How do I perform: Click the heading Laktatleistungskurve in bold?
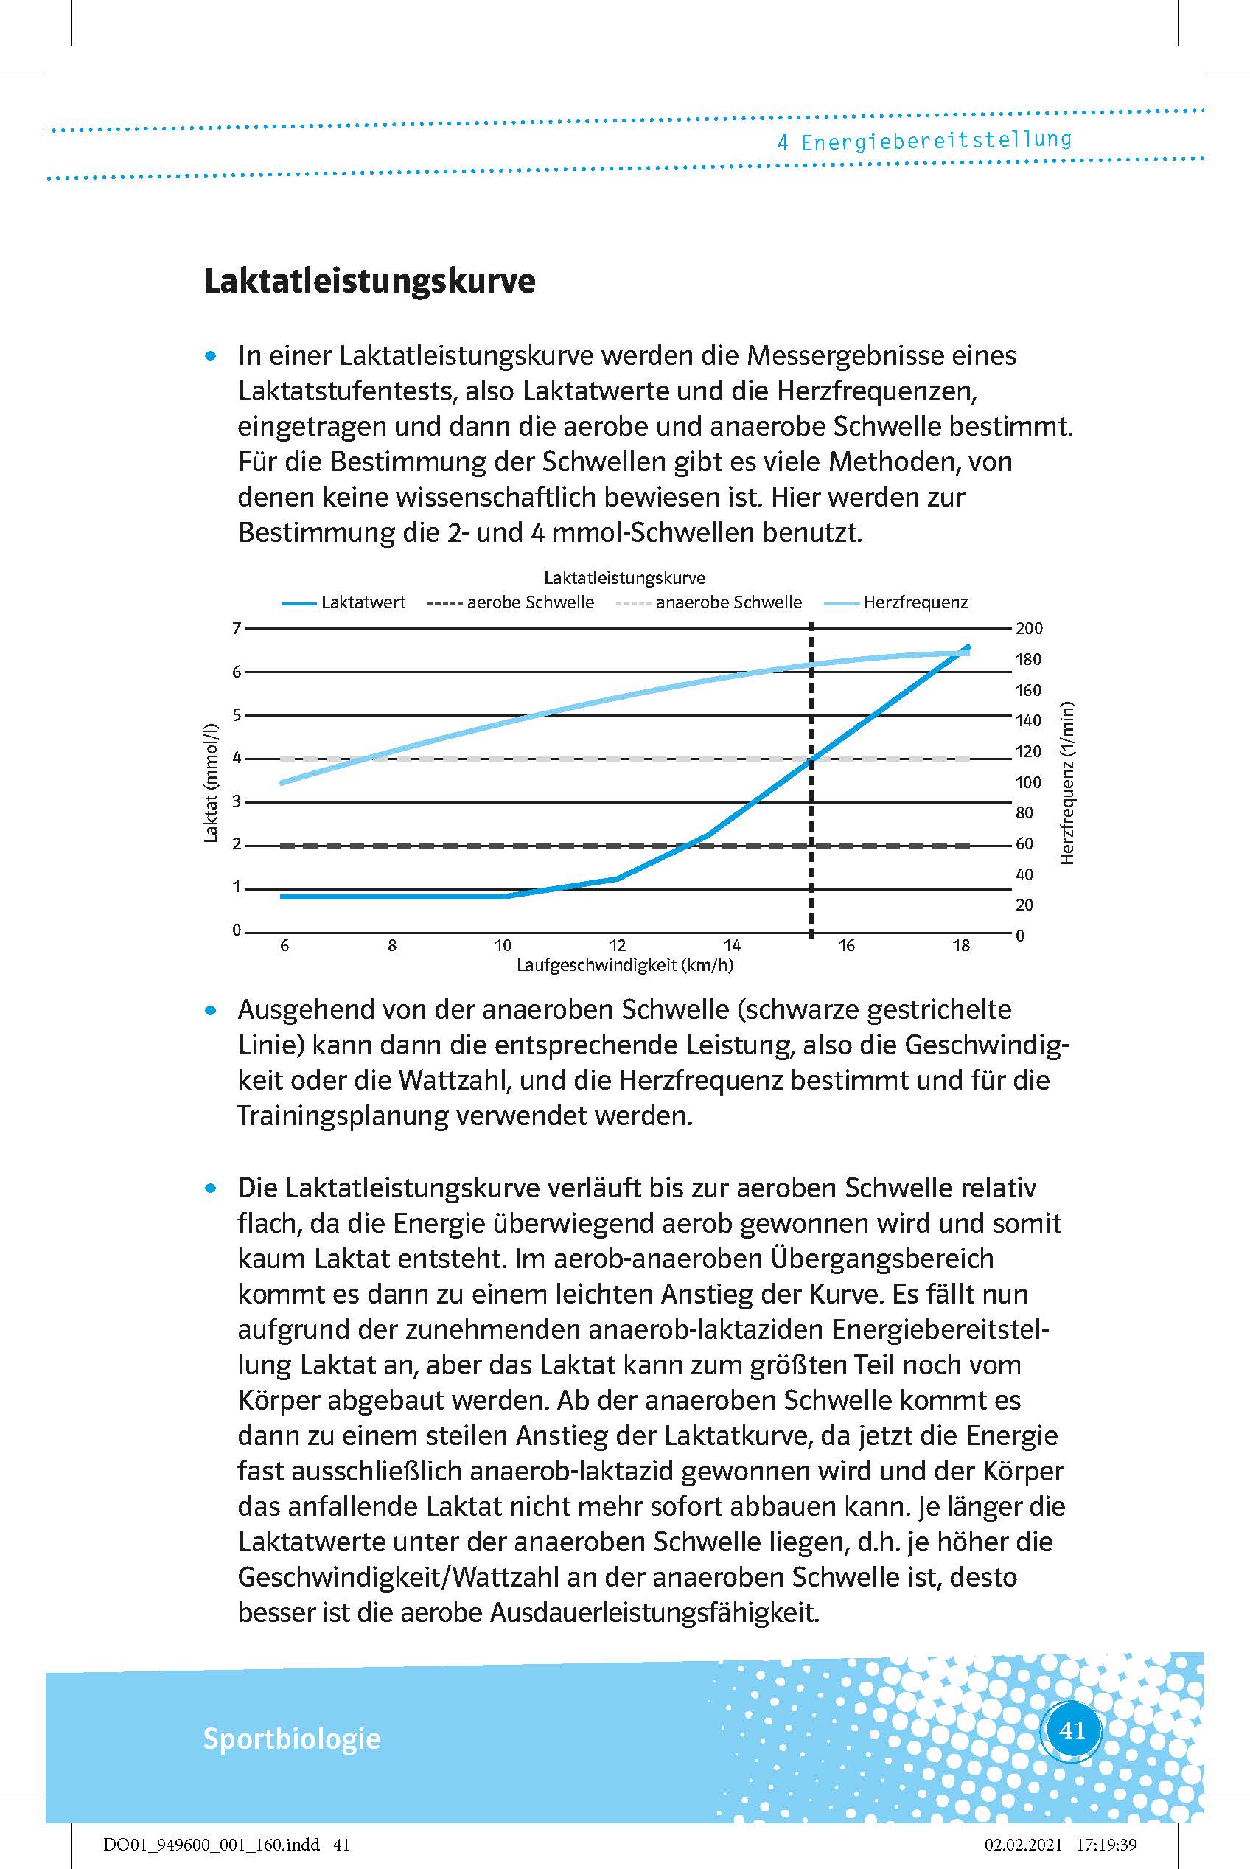point(369,282)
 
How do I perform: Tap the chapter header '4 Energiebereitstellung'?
point(924,141)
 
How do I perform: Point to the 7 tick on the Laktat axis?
point(237,628)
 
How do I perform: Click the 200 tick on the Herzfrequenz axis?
point(1028,628)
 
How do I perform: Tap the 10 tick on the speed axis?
point(502,946)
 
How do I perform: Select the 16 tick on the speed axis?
point(847,946)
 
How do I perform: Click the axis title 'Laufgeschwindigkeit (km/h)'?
point(625,966)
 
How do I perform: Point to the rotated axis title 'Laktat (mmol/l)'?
point(212,783)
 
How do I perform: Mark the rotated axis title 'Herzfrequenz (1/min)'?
point(1068,783)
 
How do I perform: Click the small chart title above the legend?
point(624,577)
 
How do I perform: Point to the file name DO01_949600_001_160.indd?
point(212,1844)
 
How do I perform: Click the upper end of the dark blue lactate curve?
point(968,646)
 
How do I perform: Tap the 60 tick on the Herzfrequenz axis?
point(1024,843)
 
